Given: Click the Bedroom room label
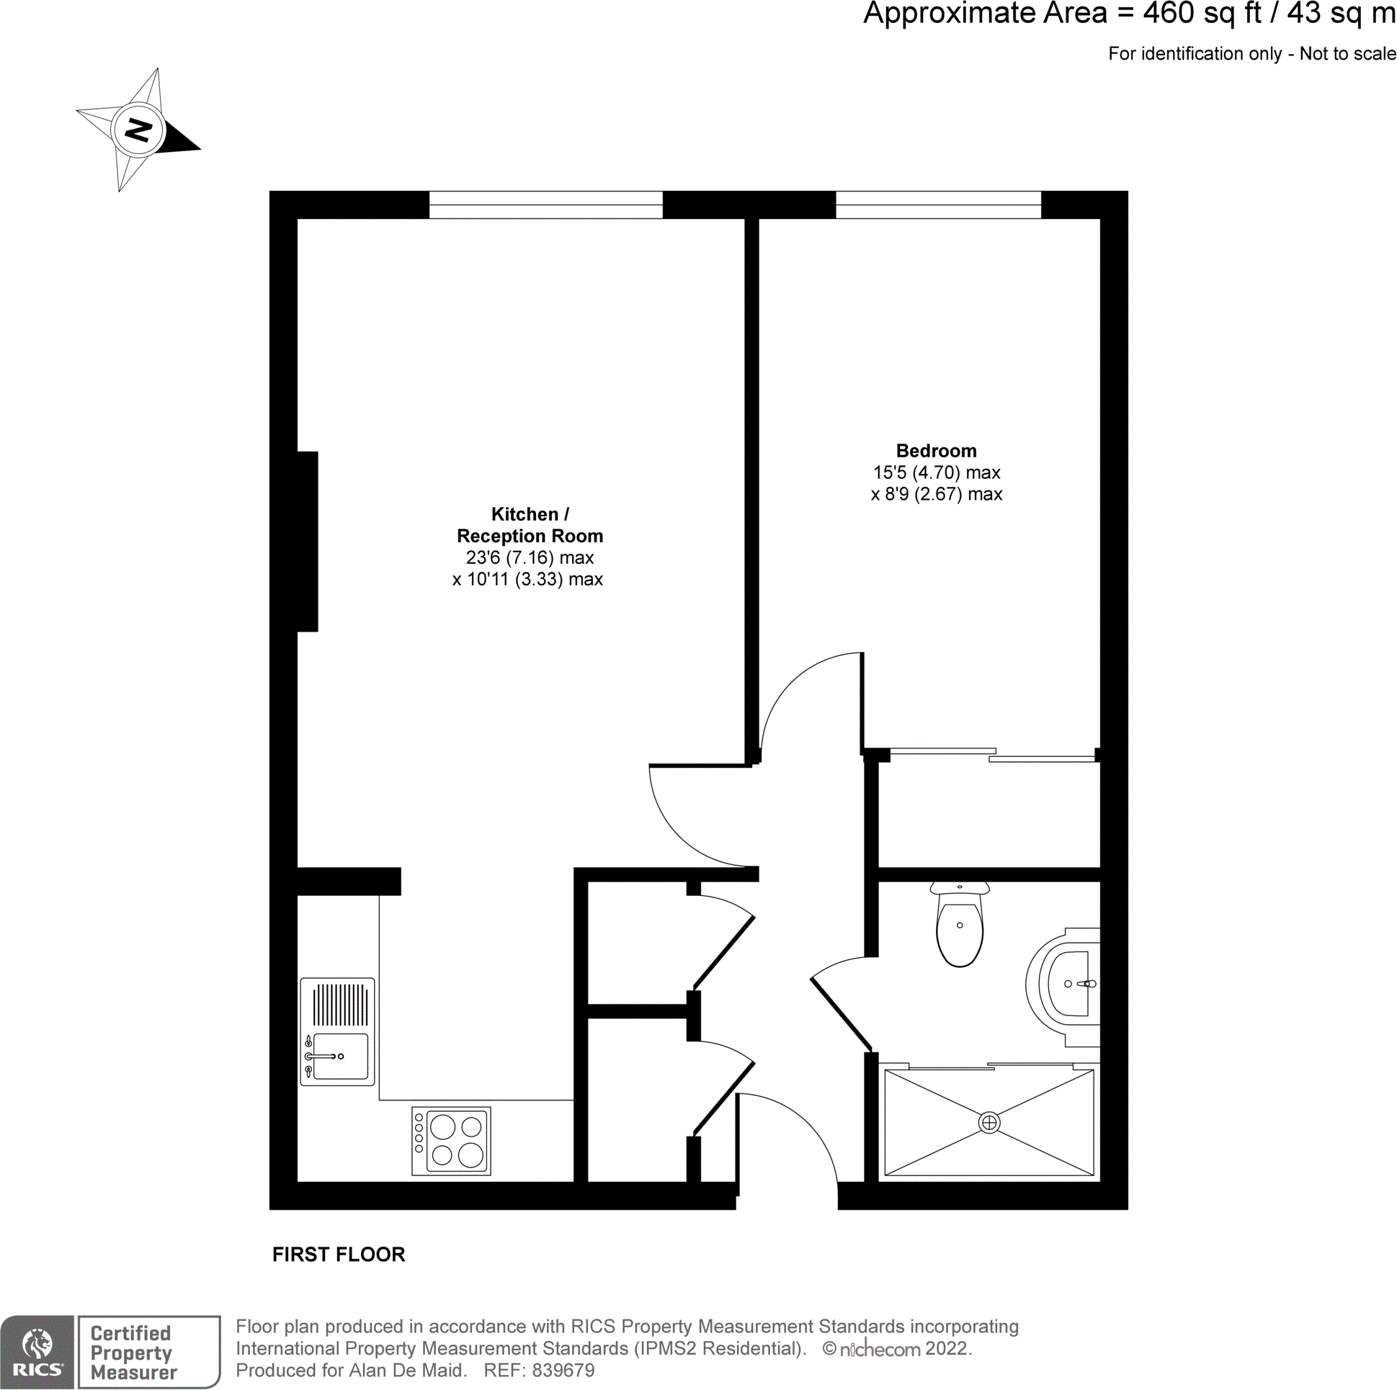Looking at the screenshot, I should coord(936,450).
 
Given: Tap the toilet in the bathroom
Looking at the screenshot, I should coord(959,928).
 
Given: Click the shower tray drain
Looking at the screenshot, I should coord(988,1122).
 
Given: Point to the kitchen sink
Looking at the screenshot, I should coord(339,1056).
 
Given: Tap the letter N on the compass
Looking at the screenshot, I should coord(138,130).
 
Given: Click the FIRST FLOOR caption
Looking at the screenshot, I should coord(339,1253).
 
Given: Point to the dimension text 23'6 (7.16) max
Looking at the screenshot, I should coord(530,557).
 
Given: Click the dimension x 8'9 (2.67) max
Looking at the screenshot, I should coord(936,493).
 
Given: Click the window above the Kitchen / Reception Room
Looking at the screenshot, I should coord(545,205).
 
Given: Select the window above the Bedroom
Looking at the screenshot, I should coord(938,205).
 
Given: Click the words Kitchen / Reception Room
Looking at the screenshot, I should coord(530,525).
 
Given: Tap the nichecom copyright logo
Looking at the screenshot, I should coord(878,1349).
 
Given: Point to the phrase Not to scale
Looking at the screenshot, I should coord(1347,53).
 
